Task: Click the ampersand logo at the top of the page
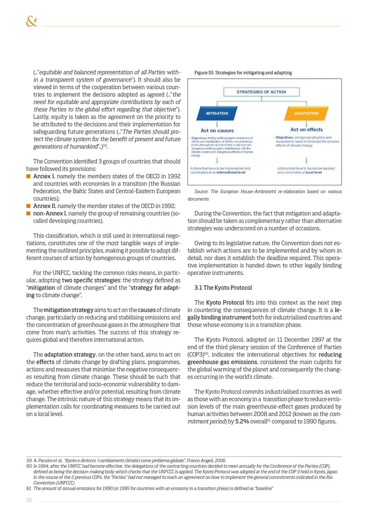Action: pos(31,22)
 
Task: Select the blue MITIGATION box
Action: pos(213,113)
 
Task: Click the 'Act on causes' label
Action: pos(215,129)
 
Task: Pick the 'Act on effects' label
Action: pos(306,129)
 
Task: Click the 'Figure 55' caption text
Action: pos(243,73)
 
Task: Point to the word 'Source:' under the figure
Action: pos(205,191)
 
